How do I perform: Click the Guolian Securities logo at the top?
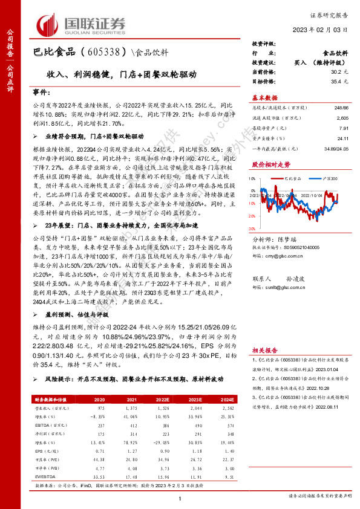(81, 25)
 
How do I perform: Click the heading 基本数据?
(264, 98)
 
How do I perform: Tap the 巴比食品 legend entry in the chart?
(291, 179)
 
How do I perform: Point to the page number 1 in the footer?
(180, 498)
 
